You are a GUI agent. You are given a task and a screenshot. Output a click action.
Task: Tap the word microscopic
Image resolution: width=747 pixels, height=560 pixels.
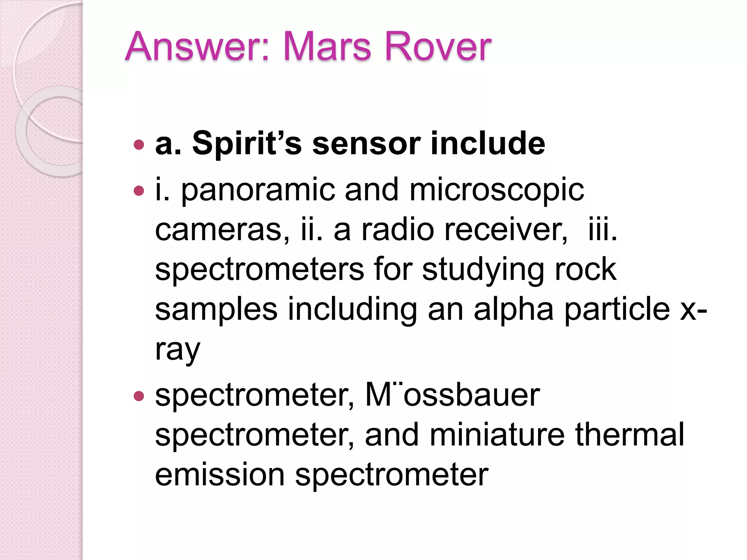coord(496,190)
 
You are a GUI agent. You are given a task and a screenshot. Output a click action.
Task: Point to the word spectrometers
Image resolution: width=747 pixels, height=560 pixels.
coord(259,270)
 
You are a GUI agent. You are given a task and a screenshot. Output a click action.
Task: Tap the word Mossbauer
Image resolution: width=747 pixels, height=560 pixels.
coord(452,395)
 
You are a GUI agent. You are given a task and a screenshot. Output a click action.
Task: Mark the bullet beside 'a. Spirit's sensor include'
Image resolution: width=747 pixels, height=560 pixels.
coord(139,145)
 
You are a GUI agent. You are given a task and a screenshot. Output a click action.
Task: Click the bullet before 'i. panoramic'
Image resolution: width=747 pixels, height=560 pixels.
coord(139,191)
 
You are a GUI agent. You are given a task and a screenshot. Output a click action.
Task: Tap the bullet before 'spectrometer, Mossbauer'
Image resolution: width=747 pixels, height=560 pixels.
coord(139,396)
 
